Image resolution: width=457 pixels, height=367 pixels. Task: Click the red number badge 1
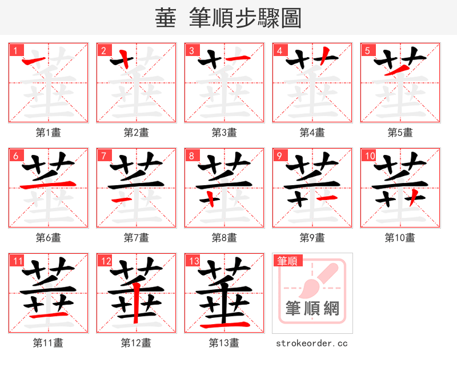point(15,50)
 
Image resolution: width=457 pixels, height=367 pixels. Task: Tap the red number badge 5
point(367,50)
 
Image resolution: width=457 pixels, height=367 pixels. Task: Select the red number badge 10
point(368,155)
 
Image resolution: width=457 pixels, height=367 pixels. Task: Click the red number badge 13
point(193,261)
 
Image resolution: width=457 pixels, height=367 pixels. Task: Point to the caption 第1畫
point(48,133)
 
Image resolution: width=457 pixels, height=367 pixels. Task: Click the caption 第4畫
point(312,133)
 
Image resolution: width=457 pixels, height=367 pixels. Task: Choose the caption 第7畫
point(136,237)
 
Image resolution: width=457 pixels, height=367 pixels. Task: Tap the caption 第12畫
point(136,342)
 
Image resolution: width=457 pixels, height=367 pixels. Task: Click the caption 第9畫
point(312,237)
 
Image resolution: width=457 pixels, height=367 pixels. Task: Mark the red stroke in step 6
point(49,184)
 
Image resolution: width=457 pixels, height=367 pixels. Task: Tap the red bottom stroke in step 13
point(224,325)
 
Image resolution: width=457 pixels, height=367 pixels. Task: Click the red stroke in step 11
point(49,314)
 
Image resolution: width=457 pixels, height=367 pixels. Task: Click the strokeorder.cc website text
point(312,343)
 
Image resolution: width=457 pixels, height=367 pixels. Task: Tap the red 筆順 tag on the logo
point(287,261)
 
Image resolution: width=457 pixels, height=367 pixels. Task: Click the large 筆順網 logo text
point(312,309)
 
